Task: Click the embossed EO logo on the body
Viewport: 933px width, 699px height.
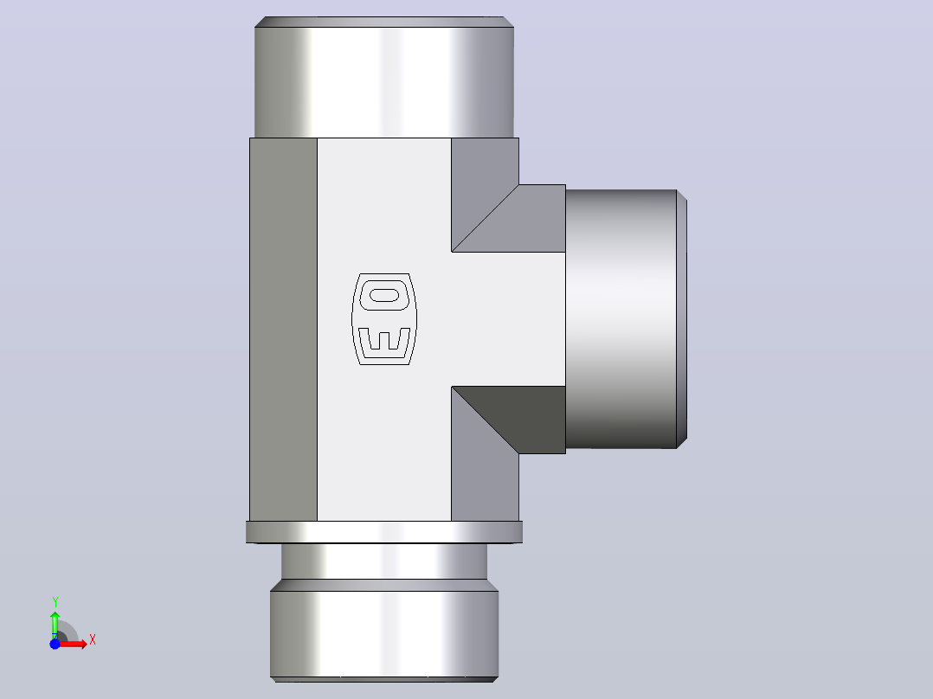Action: [384, 319]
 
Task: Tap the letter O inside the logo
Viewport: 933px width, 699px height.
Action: [384, 295]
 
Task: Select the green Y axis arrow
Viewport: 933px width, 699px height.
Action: [55, 625]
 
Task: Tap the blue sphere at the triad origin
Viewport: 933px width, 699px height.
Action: [55, 644]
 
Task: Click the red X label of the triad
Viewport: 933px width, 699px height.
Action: [93, 640]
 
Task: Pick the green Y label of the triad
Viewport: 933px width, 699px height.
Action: [55, 602]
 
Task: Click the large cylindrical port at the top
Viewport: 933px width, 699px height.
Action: [384, 77]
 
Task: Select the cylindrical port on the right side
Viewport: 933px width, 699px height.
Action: [626, 319]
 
